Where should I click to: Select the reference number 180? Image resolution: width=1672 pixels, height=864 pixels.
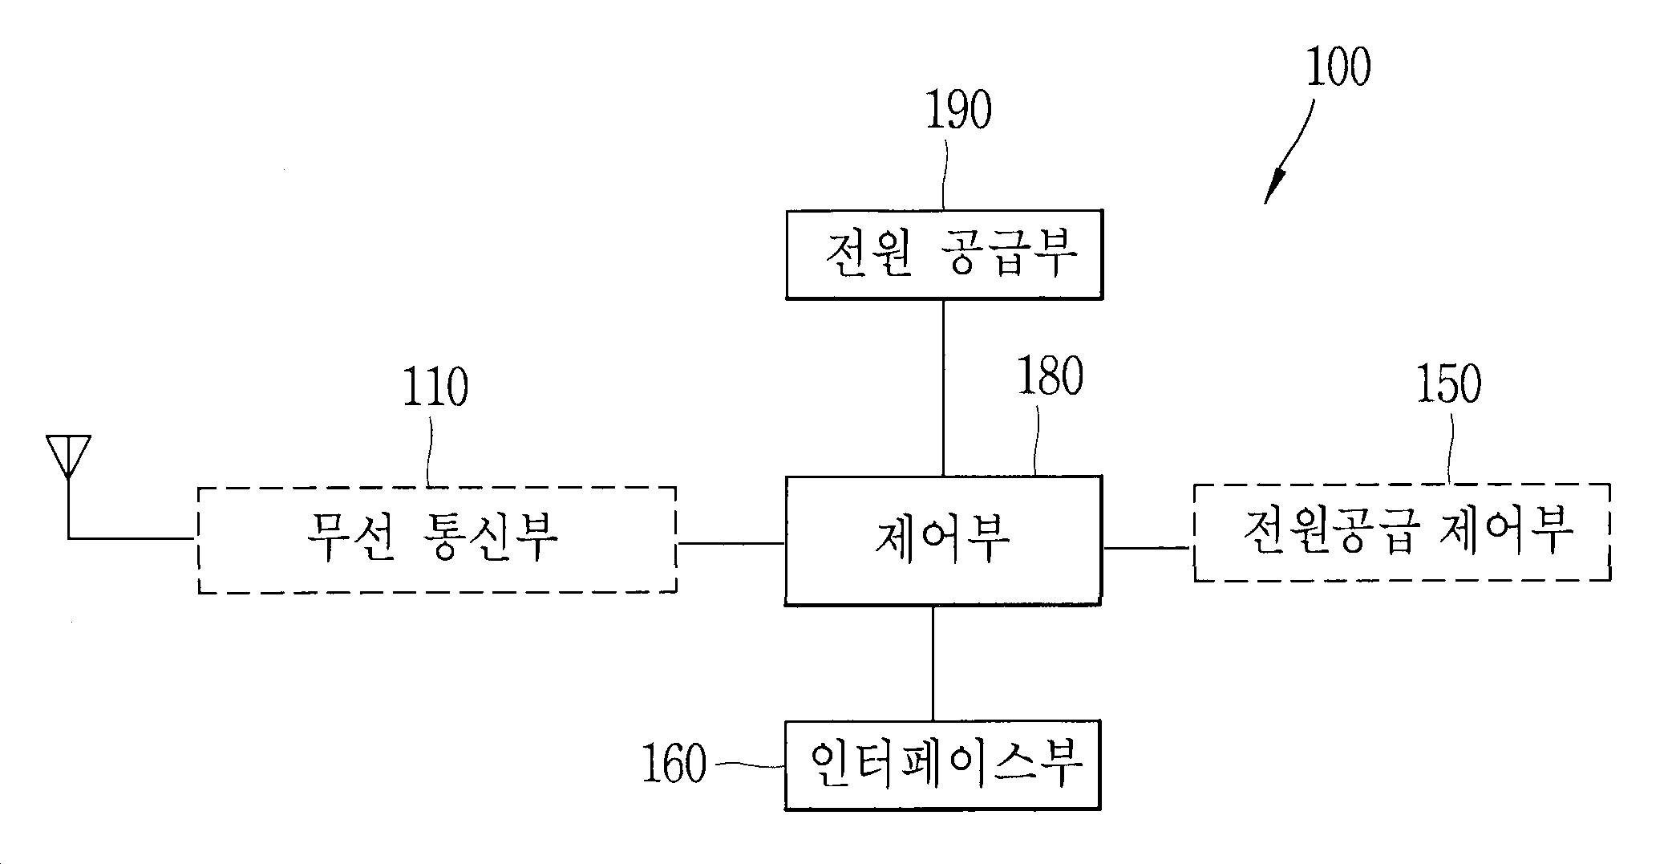(x=1050, y=377)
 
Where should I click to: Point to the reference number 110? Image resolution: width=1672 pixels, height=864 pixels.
(x=435, y=387)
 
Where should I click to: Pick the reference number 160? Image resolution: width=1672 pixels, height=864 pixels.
(x=674, y=764)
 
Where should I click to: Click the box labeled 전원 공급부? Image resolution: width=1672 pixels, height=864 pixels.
(x=944, y=255)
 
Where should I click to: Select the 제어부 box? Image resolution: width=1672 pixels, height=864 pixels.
(x=943, y=540)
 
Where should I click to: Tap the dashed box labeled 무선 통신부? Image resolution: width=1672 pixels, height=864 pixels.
(x=437, y=539)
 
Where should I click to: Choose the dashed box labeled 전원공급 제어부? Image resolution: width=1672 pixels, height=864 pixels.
(x=1402, y=532)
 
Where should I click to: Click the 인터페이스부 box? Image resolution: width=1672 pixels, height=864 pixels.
(x=942, y=765)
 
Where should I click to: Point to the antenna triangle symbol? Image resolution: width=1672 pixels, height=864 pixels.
(x=68, y=454)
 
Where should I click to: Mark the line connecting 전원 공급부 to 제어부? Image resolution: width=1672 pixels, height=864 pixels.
(x=943, y=387)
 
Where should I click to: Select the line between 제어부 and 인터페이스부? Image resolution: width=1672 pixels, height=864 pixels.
(x=933, y=662)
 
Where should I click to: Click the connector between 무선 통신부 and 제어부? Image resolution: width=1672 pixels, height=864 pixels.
(x=730, y=543)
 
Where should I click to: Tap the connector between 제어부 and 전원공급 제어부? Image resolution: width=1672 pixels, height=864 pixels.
(x=1148, y=549)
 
